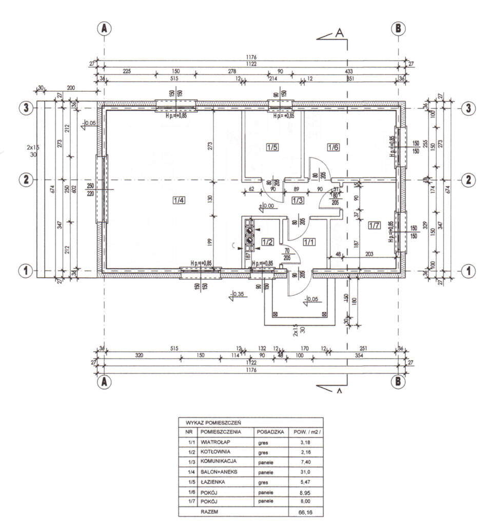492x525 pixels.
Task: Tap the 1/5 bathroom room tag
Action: pos(272,148)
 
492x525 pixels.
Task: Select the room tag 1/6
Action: pos(333,148)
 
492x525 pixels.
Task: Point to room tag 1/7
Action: pos(374,225)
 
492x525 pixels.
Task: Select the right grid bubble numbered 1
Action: pos(466,270)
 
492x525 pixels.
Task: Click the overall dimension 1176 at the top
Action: pos(251,57)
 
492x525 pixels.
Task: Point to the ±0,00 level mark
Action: pos(267,206)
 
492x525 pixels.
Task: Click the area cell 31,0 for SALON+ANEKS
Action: pos(305,472)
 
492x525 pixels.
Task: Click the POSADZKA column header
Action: pos(269,432)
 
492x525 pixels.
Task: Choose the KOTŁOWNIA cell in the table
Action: pos(216,452)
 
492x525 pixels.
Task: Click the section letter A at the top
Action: pos(339,33)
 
